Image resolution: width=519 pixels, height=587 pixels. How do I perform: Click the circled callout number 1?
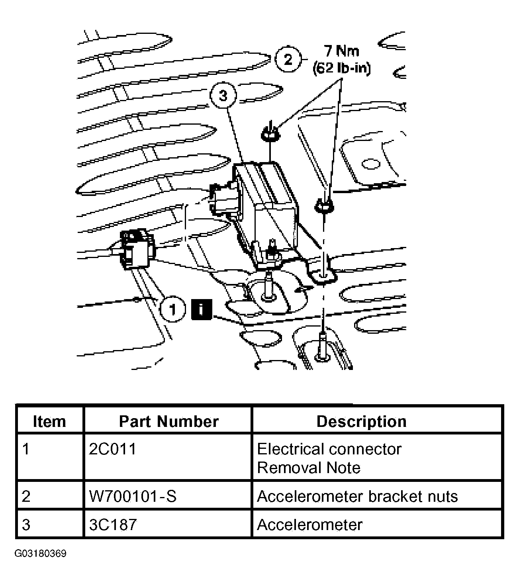pyautogui.click(x=172, y=309)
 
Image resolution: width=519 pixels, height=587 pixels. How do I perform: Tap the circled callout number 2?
pyautogui.click(x=288, y=60)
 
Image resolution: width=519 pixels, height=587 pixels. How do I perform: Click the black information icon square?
pyautogui.click(x=202, y=309)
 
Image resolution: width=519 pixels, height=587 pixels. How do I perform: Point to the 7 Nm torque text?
pyautogui.click(x=341, y=51)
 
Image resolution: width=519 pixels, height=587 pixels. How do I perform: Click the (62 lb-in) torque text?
pyautogui.click(x=341, y=68)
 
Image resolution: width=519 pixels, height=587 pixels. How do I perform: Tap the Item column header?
pyautogui.click(x=49, y=421)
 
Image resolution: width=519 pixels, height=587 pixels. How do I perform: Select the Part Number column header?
pyautogui.click(x=169, y=421)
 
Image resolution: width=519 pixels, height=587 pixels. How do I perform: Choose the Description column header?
pyautogui.click(x=361, y=421)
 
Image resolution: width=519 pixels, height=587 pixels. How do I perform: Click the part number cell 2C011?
pyautogui.click(x=113, y=449)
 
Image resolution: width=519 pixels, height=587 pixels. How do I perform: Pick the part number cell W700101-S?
pyautogui.click(x=133, y=496)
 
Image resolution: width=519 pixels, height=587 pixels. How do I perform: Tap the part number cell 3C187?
pyautogui.click(x=113, y=524)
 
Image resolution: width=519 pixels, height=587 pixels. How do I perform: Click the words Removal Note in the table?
pyautogui.click(x=309, y=468)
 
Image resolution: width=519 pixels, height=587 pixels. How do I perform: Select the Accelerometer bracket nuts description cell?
pyautogui.click(x=357, y=496)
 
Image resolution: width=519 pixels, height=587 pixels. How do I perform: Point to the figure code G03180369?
pyautogui.click(x=41, y=554)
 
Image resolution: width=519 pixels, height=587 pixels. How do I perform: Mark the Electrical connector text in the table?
pyautogui.click(x=329, y=449)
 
